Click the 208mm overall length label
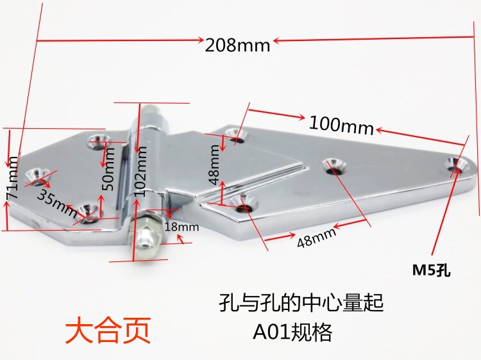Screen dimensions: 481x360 coord(238,45)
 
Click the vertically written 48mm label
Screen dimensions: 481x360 coord(214,163)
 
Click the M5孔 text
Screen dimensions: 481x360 coord(432,270)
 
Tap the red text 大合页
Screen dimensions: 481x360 coord(108,331)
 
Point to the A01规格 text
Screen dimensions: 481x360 coord(292,332)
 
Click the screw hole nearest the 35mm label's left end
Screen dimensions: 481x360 coord(37,173)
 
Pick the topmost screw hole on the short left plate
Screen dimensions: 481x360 coord(99,138)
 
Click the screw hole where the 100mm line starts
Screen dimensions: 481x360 coord(238,135)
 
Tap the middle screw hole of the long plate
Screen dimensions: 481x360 coord(333,165)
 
